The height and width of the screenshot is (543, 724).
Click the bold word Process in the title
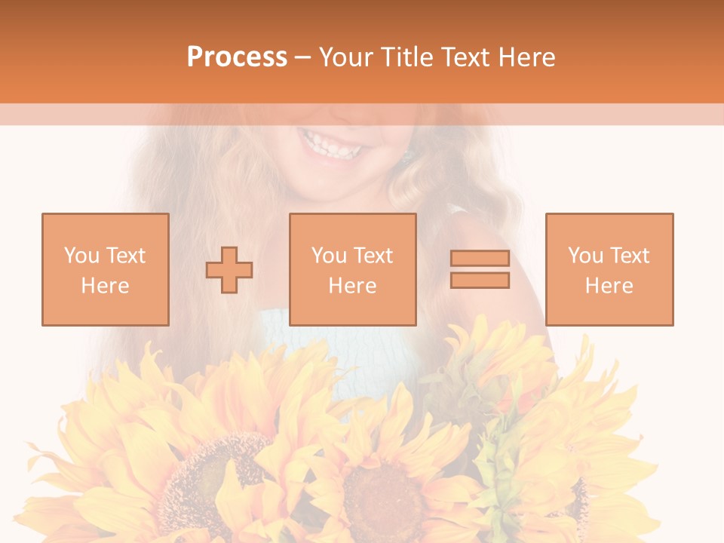[x=237, y=57]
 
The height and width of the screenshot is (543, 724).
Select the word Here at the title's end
[x=525, y=57]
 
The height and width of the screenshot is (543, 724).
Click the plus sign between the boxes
[x=229, y=269]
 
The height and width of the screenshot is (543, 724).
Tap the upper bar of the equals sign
[x=480, y=259]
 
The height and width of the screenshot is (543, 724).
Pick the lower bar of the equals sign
[x=480, y=281]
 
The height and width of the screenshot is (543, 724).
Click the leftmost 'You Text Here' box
[x=106, y=269]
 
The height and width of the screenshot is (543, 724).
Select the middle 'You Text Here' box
[x=353, y=269]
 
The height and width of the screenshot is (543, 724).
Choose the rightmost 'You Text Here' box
[x=609, y=269]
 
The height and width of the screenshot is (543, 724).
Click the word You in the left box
[x=81, y=256]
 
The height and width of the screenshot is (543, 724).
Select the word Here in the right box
[x=609, y=286]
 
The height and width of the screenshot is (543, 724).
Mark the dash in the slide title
[x=303, y=57]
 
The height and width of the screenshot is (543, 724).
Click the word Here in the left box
[x=106, y=286]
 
